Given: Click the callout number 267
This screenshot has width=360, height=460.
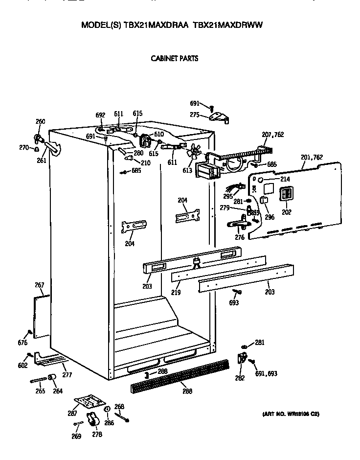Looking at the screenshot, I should click(x=40, y=285).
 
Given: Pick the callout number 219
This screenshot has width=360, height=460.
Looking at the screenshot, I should click(x=176, y=293).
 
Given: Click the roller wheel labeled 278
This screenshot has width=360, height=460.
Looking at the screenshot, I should click(x=91, y=418).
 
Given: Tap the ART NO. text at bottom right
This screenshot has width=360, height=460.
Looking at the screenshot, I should click(x=291, y=414).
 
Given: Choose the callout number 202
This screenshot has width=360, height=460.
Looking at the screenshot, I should click(x=286, y=212).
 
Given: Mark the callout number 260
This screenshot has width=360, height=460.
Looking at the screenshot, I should click(x=41, y=121).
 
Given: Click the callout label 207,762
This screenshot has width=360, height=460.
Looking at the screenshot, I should click(x=273, y=135).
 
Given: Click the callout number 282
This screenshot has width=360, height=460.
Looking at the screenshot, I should click(x=239, y=378).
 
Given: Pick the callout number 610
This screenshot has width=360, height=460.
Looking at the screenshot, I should click(x=158, y=134).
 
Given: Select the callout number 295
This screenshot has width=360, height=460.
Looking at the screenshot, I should click(x=227, y=196).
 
